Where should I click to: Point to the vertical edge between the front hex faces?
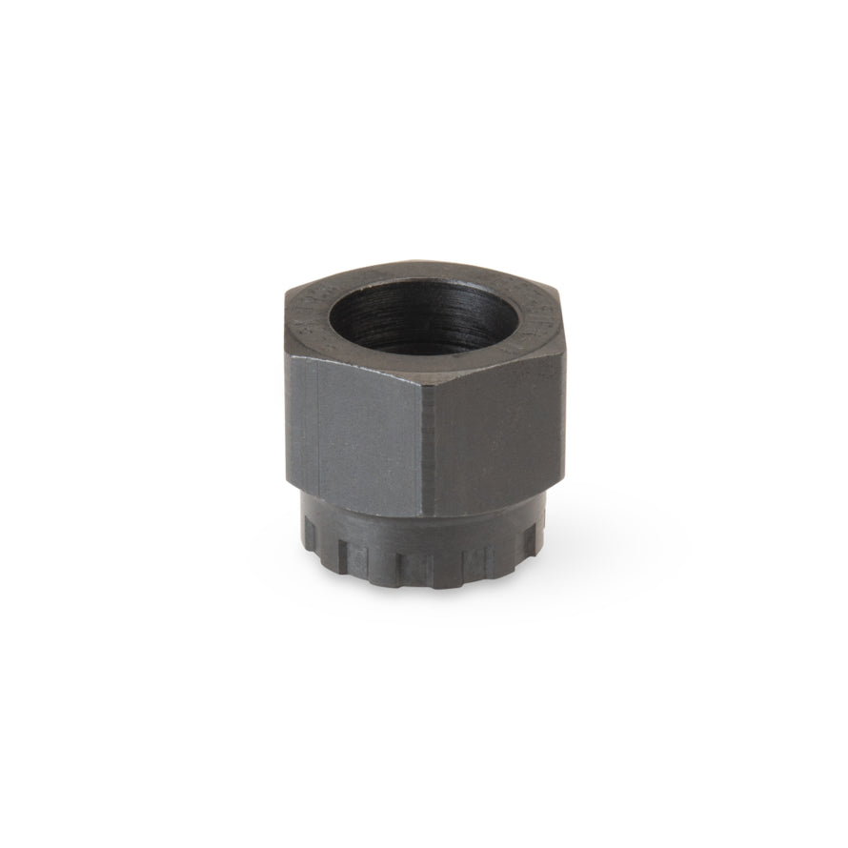(423, 429)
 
